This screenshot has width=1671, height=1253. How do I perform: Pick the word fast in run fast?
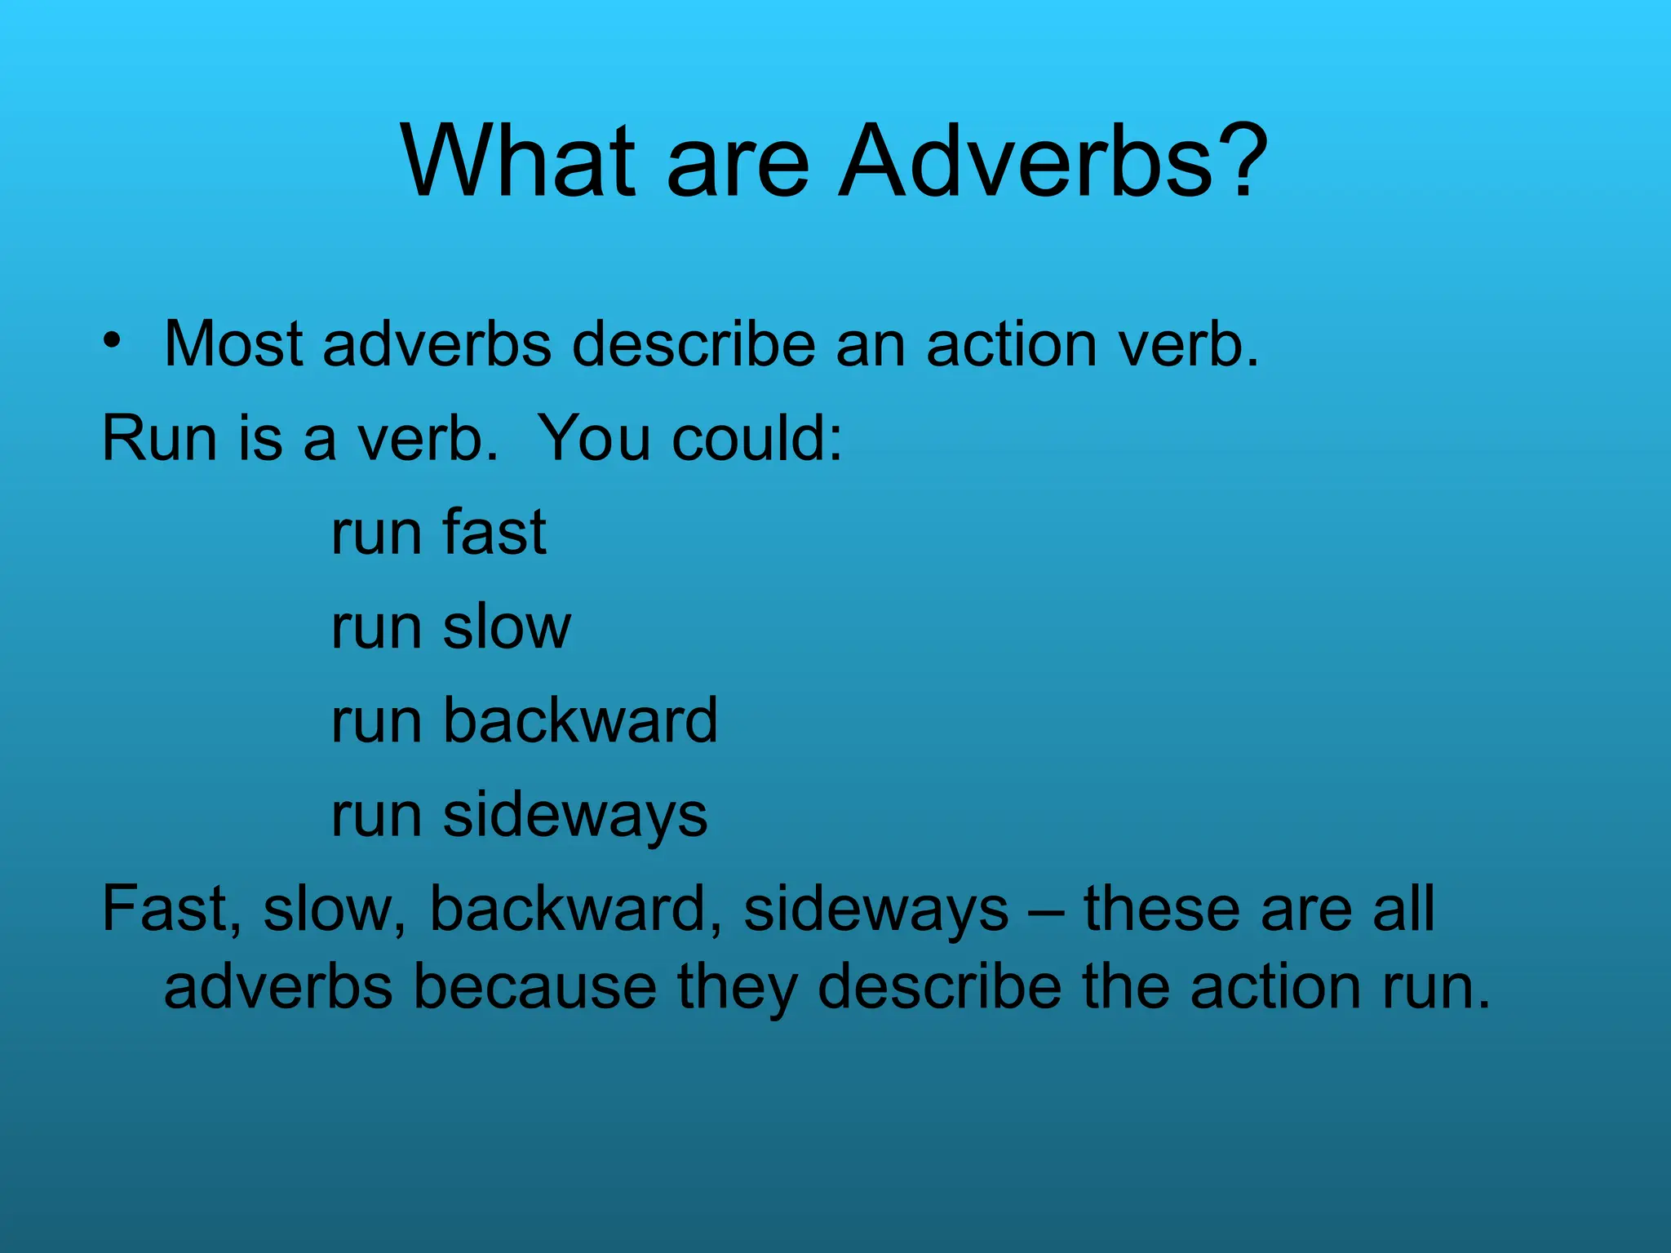(x=494, y=533)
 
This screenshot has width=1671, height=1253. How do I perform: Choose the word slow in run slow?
(x=507, y=627)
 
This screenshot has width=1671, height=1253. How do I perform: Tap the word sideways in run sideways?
(x=575, y=815)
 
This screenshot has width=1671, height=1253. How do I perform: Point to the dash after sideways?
(x=1046, y=912)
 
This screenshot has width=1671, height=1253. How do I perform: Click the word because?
(x=534, y=987)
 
